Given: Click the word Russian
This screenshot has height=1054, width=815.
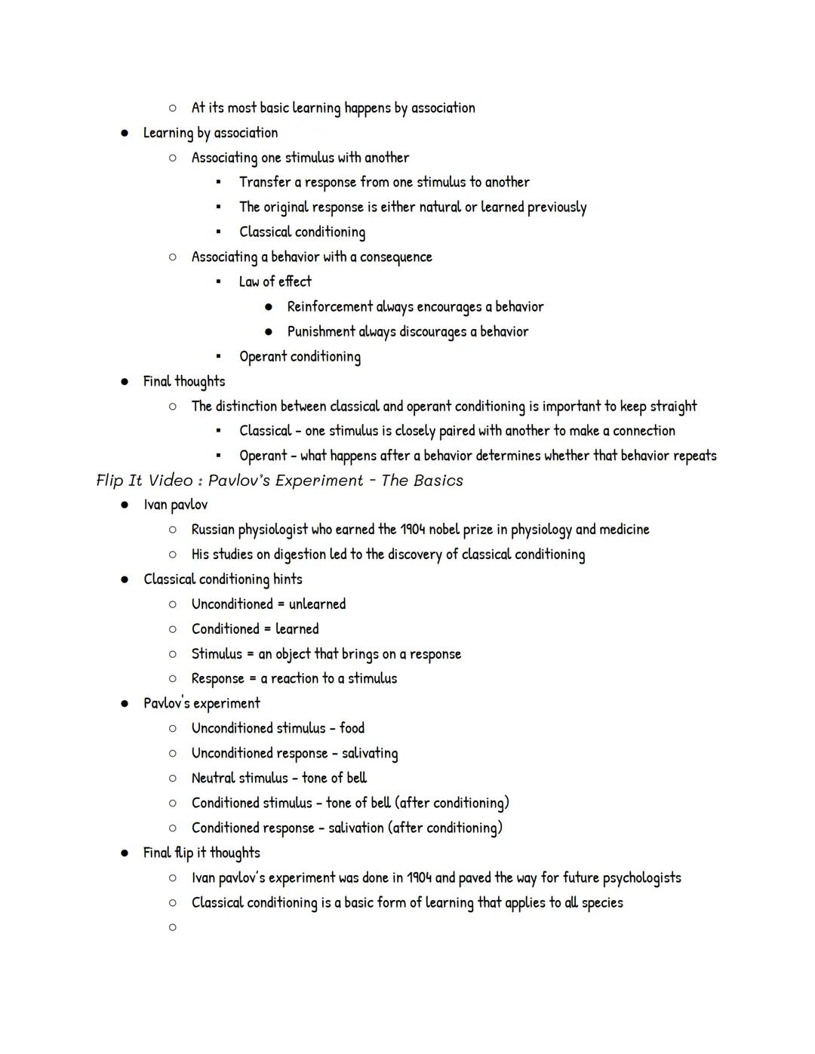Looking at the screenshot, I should [x=213, y=530].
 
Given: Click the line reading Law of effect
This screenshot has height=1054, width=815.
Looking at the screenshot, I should [x=275, y=282].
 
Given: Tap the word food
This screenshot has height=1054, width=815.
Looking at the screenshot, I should [x=352, y=728].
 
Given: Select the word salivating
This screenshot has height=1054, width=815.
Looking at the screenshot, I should [x=370, y=753].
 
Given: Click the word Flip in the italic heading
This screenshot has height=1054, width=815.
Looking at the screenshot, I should [x=110, y=481].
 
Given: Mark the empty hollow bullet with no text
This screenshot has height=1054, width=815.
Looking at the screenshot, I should [x=173, y=927].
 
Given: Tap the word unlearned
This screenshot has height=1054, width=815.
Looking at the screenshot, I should [x=317, y=604].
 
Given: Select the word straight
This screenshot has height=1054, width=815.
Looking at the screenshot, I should [x=673, y=407].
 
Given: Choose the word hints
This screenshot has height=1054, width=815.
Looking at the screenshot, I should [x=288, y=579].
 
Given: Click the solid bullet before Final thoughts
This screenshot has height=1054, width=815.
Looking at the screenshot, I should [x=125, y=382].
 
